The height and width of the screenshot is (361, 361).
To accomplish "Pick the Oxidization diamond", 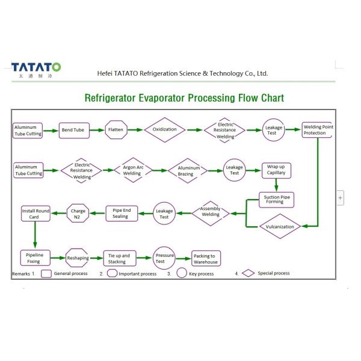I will (x=164, y=129).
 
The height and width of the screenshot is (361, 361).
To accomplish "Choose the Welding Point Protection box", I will (x=317, y=130).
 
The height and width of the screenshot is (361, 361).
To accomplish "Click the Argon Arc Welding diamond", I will (x=132, y=170).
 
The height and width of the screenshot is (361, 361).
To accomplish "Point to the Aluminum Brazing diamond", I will (x=188, y=170).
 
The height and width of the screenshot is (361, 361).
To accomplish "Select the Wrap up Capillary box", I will (x=276, y=170).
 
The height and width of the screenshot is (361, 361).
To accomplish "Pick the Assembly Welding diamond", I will (x=210, y=212).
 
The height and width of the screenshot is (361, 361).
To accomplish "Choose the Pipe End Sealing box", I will (x=121, y=213).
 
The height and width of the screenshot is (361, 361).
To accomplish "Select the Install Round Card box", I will (x=36, y=214).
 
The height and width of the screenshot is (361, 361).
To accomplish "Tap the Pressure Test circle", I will (x=164, y=258).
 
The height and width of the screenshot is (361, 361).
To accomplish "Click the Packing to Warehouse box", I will (x=205, y=259).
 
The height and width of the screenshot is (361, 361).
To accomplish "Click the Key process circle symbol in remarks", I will (x=181, y=274).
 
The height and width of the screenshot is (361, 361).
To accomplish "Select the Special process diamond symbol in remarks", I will (x=248, y=274).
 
